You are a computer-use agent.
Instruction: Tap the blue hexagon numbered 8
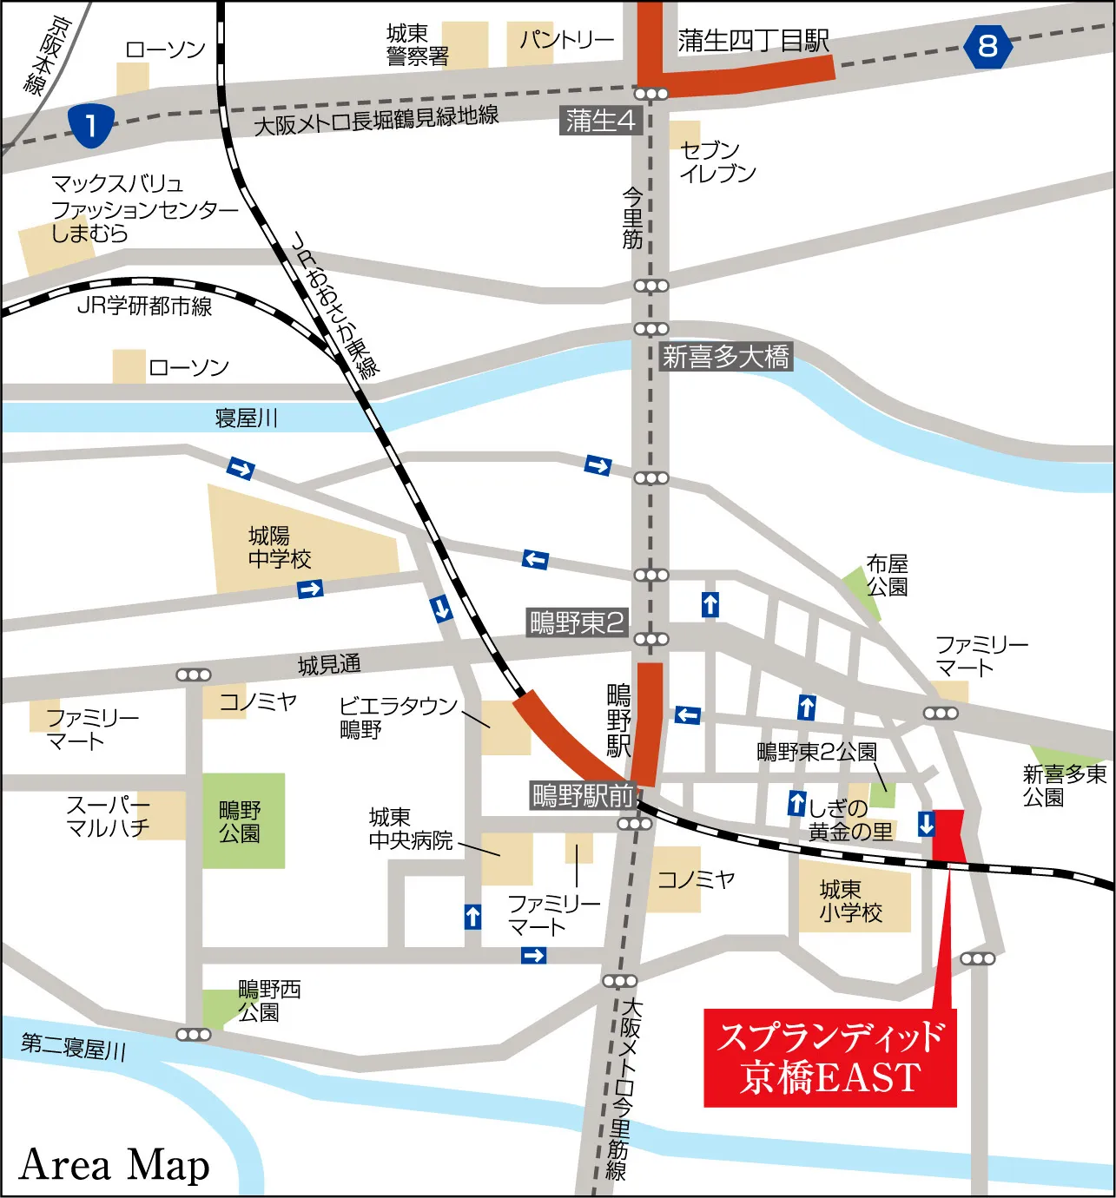click(x=987, y=46)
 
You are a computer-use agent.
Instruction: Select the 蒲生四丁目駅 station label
click(x=753, y=41)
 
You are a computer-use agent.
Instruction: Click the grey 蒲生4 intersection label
click(x=601, y=121)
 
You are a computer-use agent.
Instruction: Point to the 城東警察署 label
click(x=417, y=45)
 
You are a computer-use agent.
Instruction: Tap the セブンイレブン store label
click(x=716, y=161)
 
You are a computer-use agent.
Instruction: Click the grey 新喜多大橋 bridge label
click(x=725, y=357)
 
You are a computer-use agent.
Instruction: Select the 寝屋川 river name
click(x=246, y=418)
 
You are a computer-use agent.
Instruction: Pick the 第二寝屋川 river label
click(x=74, y=1046)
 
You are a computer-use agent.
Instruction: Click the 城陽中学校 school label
click(x=279, y=547)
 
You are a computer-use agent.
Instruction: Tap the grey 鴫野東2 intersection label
click(x=577, y=622)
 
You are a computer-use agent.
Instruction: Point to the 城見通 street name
click(x=329, y=665)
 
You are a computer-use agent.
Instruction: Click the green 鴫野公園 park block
click(x=243, y=821)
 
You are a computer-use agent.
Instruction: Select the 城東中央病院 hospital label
click(x=410, y=829)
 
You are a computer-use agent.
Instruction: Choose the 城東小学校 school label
click(x=850, y=901)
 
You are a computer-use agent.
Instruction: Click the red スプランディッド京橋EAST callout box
click(x=829, y=1057)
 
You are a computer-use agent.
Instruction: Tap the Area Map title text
click(x=114, y=1165)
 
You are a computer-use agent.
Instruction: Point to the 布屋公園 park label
click(x=887, y=576)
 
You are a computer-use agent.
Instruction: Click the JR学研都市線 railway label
click(x=144, y=306)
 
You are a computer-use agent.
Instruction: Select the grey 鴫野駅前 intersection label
click(x=583, y=795)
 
